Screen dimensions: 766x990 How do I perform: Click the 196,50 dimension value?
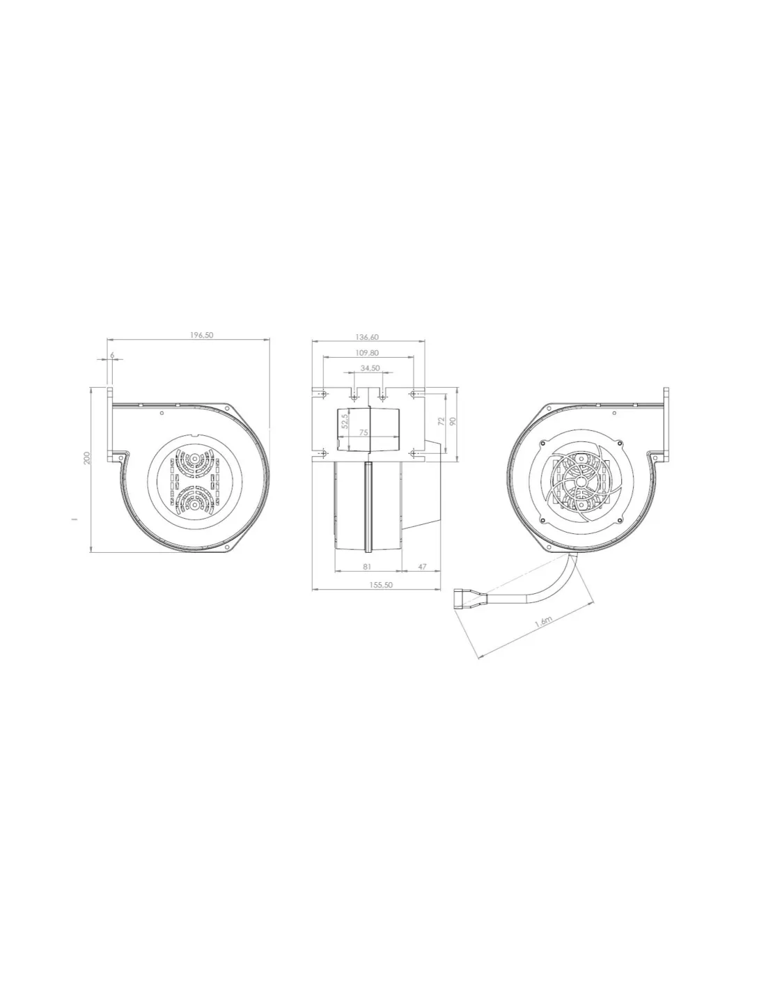[201, 335]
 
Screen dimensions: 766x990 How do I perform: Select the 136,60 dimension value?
[367, 337]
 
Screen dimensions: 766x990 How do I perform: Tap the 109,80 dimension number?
[367, 353]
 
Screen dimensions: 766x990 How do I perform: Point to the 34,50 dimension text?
[370, 368]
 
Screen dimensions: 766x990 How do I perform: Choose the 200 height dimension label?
[87, 457]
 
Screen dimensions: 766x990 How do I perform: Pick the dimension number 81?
[367, 567]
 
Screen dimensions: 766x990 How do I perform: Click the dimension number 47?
[422, 567]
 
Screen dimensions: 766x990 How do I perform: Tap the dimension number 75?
[364, 433]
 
